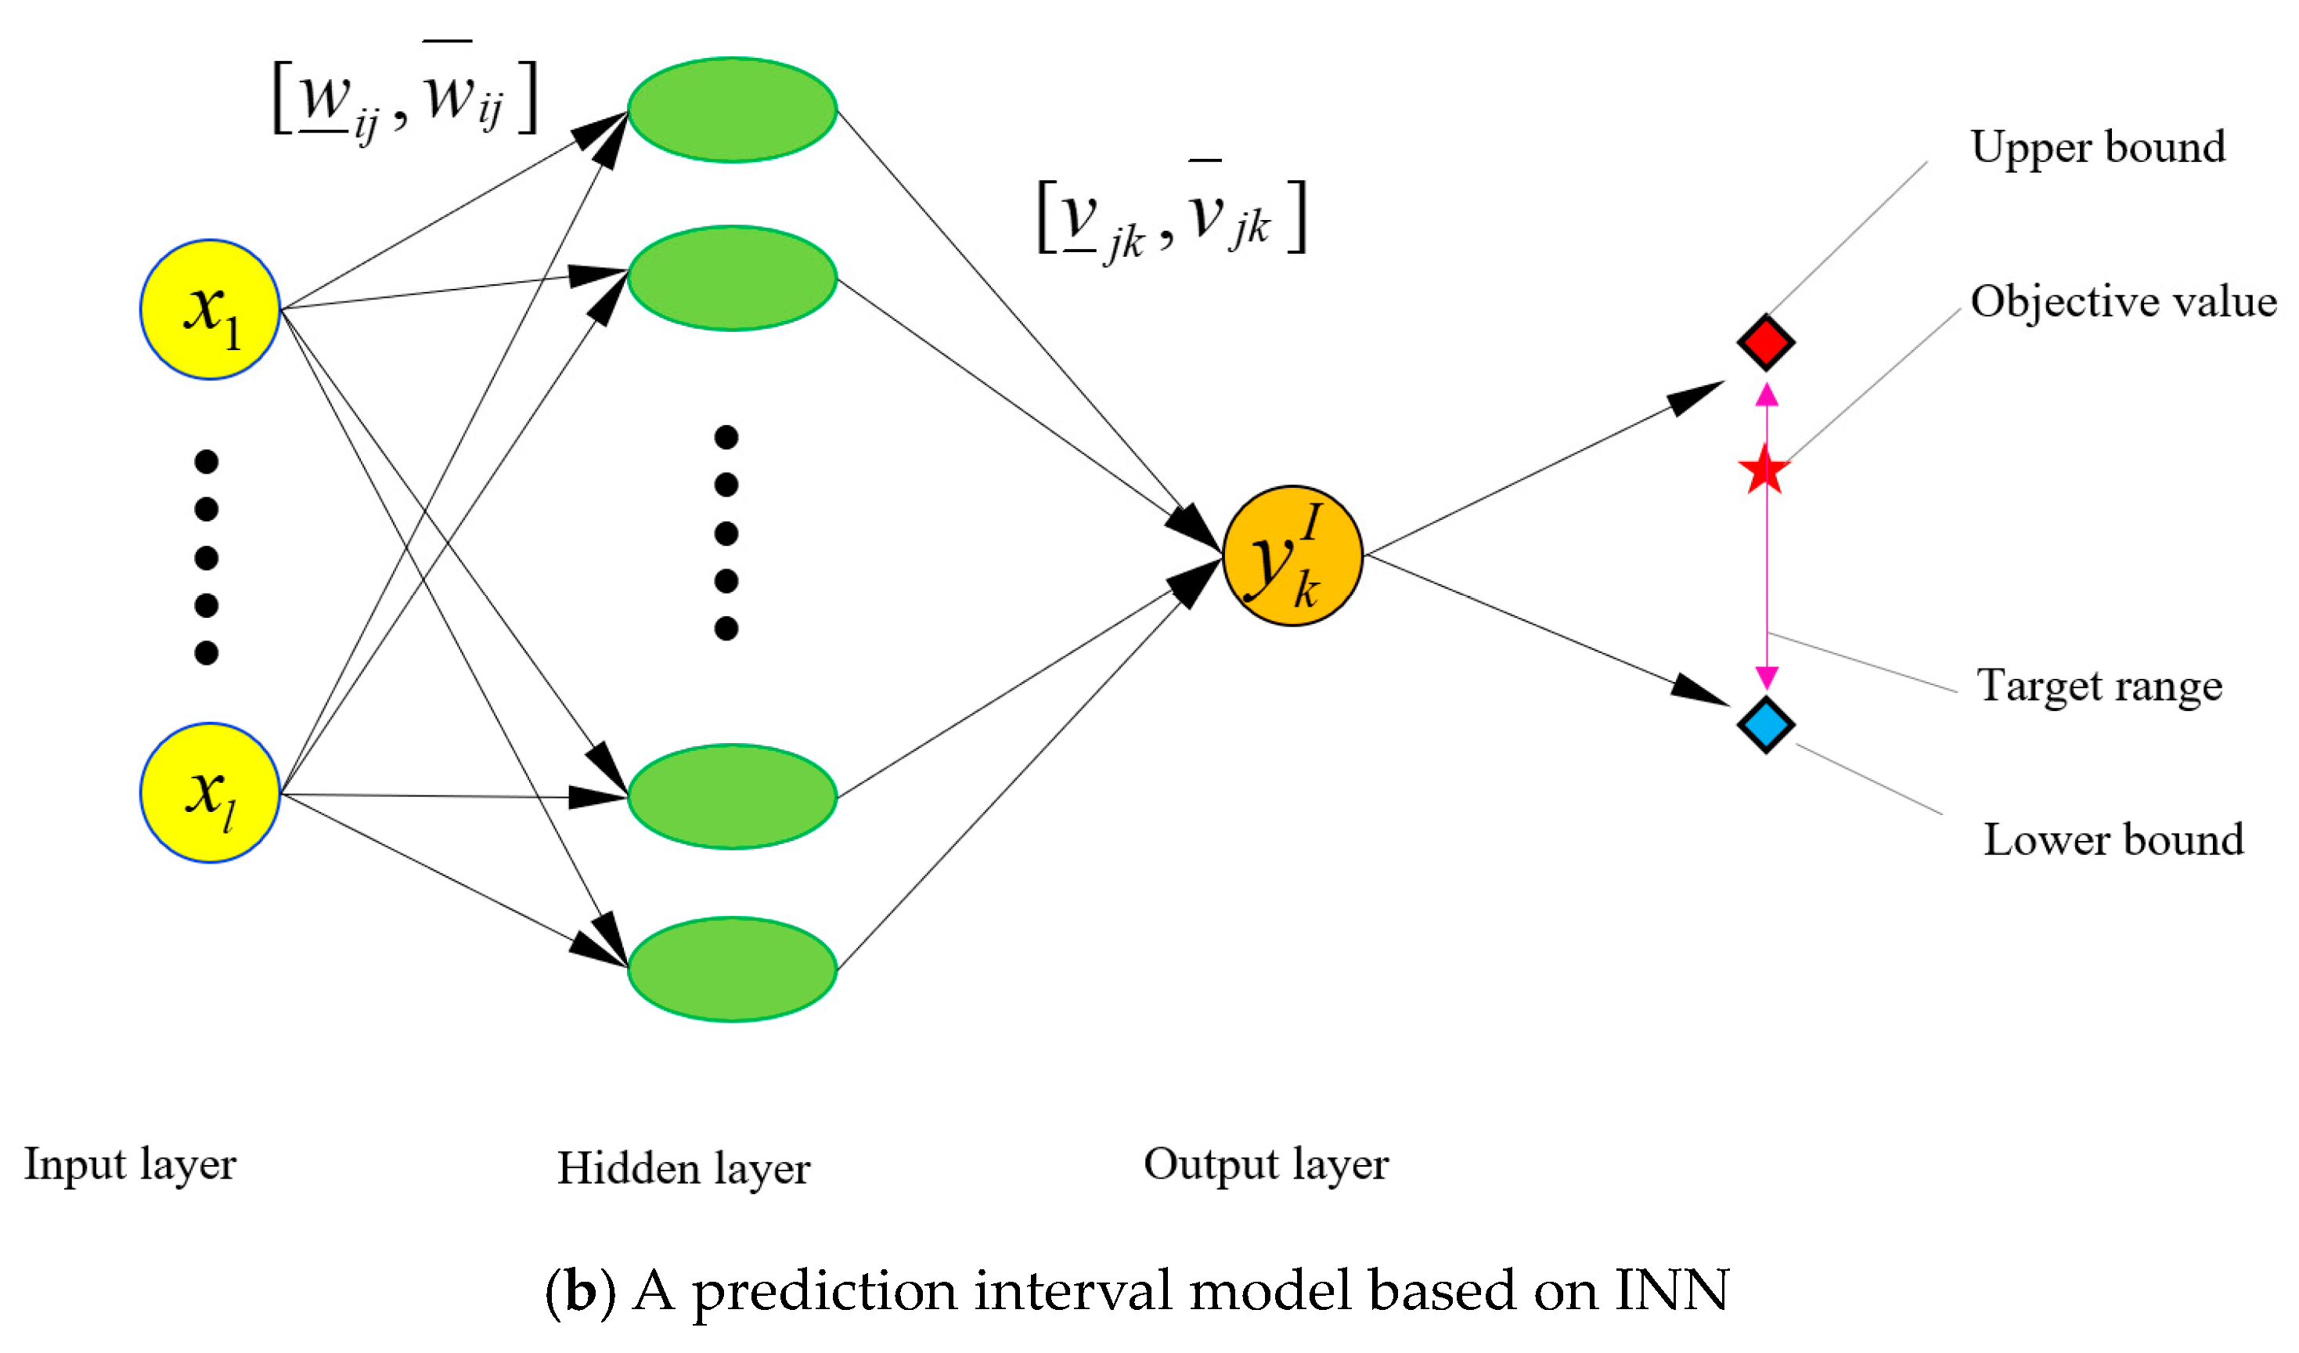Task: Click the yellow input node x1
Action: pos(210,310)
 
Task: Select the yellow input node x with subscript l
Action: pos(210,794)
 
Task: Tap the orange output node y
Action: pos(1292,557)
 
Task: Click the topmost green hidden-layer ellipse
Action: pos(733,110)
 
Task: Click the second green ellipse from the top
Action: pos(733,278)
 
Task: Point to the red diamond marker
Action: pos(1766,343)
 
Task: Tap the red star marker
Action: pos(1764,471)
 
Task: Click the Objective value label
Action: pos(2123,302)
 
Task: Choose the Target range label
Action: pos(2099,686)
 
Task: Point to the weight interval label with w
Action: pos(405,98)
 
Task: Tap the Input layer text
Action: pos(131,1165)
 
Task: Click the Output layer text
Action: pos(1267,1165)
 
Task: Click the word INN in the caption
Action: pos(1671,1291)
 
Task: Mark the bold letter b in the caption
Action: pos(581,1291)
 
